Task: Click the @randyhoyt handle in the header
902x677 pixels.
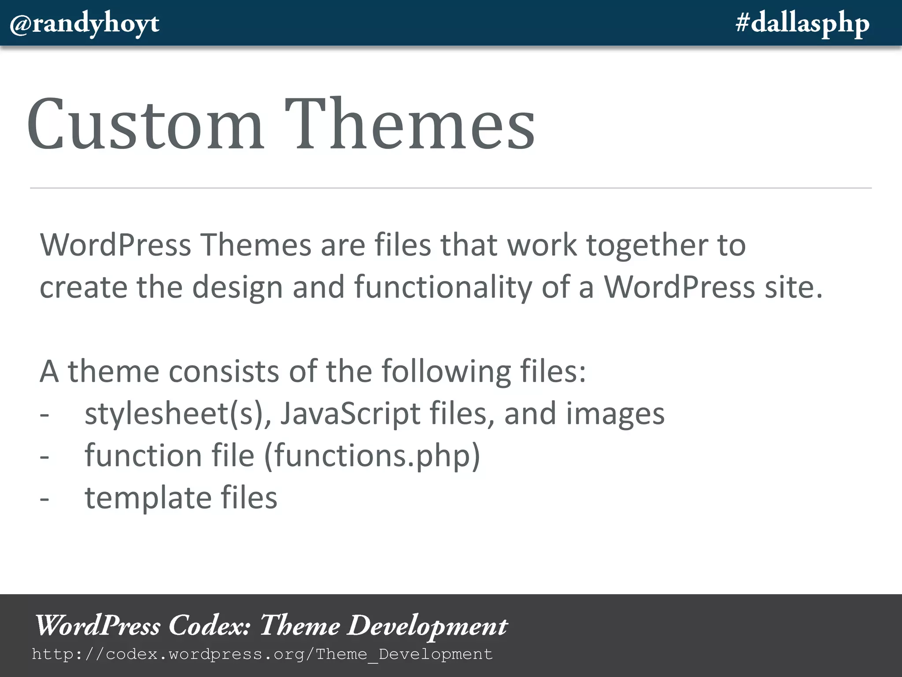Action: (84, 24)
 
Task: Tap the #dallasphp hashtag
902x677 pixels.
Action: (802, 24)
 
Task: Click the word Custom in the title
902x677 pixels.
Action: (145, 124)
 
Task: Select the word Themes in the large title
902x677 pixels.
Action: (410, 124)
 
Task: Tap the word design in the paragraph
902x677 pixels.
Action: (237, 287)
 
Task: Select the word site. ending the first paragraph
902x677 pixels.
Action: (793, 287)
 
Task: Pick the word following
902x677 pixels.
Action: (446, 371)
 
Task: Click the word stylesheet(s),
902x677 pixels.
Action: (177, 414)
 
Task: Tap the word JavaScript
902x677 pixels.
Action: (350, 414)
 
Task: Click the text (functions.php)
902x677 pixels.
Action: (372, 456)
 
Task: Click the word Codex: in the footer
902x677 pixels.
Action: (210, 626)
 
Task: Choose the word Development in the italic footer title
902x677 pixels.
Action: (427, 626)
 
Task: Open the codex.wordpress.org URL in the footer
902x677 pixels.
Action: (262, 654)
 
